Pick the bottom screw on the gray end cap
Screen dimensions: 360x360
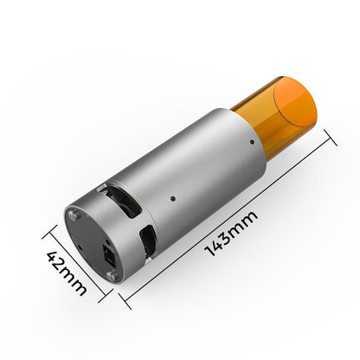(x=110, y=275)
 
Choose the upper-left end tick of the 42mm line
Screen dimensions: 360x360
(x=49, y=231)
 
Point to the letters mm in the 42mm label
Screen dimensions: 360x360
(x=76, y=284)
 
